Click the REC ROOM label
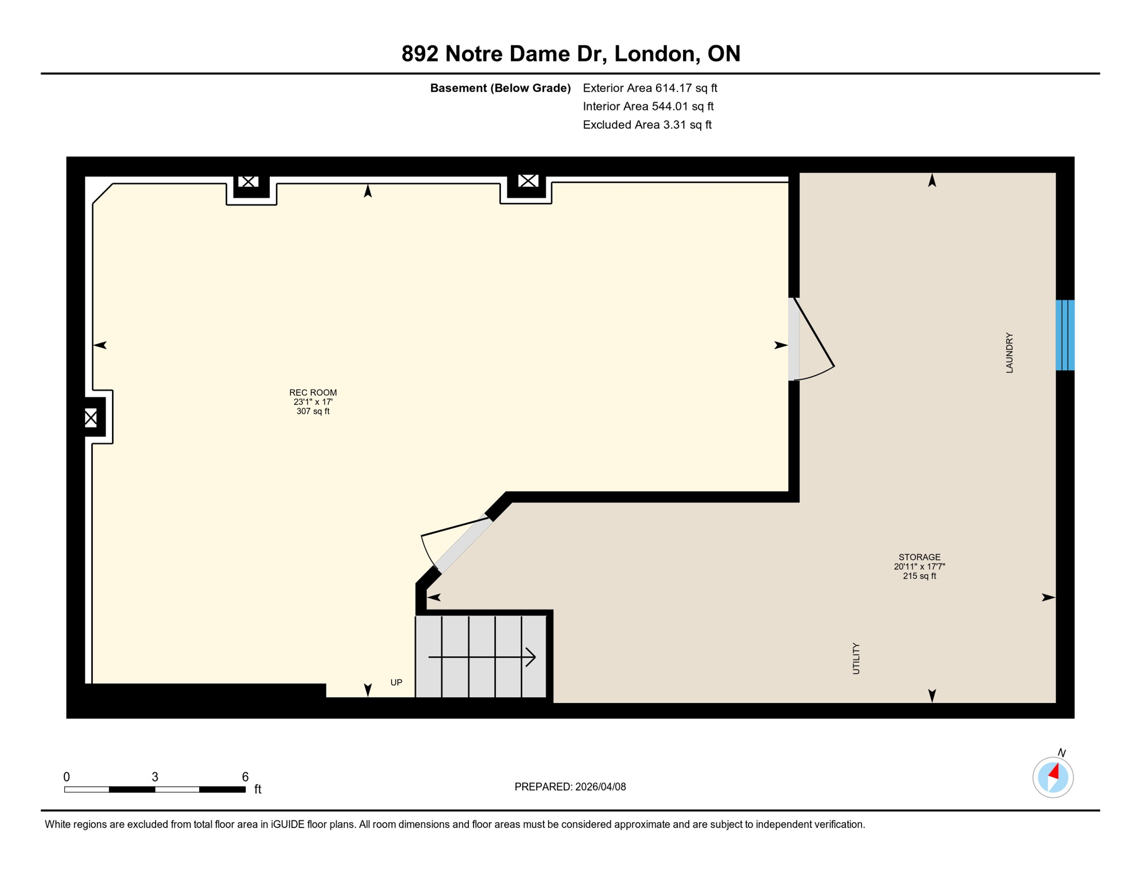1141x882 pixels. click(x=313, y=393)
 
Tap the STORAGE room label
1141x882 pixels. click(x=919, y=557)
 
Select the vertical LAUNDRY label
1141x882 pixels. click(x=1009, y=353)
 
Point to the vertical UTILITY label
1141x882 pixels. click(x=856, y=658)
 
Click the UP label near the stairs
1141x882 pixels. click(x=396, y=682)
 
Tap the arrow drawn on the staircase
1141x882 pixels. click(x=482, y=656)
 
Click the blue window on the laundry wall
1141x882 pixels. click(x=1065, y=335)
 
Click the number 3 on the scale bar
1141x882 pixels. click(x=155, y=776)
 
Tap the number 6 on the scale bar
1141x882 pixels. click(x=245, y=776)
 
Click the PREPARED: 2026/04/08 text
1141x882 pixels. click(x=570, y=787)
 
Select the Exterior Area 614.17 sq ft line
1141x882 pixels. click(x=650, y=88)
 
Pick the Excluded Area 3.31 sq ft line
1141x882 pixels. click(x=647, y=125)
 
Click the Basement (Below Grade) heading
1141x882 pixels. click(x=500, y=88)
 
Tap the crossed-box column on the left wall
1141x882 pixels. click(x=91, y=417)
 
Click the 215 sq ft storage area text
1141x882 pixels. click(x=919, y=576)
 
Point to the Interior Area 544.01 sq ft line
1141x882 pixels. click(x=648, y=106)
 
